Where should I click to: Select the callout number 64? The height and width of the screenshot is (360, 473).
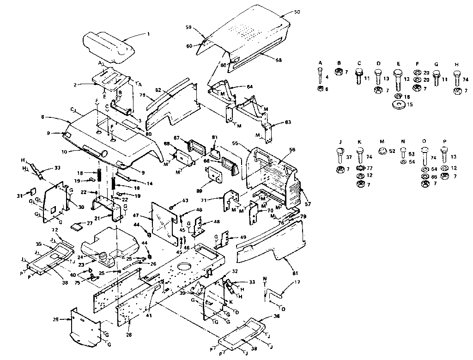coord(250,87)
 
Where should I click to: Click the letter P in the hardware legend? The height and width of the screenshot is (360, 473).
coord(444,141)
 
